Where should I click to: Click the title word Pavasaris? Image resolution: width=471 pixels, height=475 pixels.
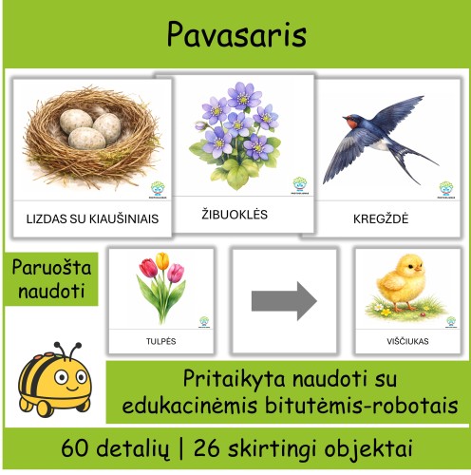236,34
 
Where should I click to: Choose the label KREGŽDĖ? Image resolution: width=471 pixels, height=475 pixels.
380,218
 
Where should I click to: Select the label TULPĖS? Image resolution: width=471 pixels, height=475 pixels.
161,340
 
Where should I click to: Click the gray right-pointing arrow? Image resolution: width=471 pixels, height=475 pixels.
284,301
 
